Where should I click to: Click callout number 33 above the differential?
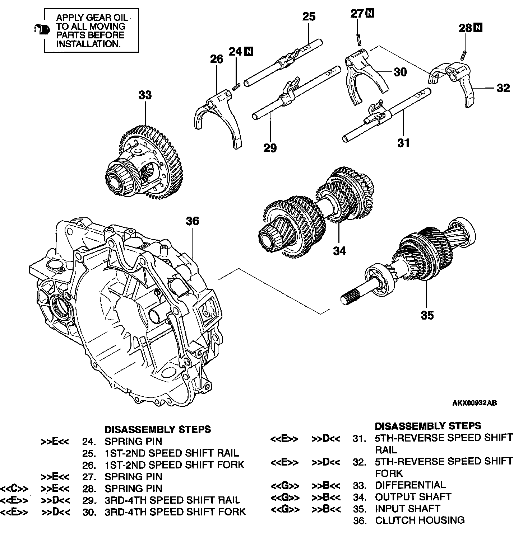coord(145,95)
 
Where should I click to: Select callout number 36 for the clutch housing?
coord(192,221)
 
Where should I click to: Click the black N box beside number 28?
coord(478,28)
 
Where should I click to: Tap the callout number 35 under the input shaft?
coord(427,315)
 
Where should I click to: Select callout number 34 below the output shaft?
coord(339,251)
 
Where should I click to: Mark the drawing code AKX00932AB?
coord(474,403)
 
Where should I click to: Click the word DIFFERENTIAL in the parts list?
coord(410,485)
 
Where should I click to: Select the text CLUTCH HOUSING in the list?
coord(420,520)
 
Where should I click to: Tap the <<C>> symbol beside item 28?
coord(14,489)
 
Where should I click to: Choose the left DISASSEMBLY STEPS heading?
coord(157,429)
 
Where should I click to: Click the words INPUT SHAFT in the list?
coord(407,509)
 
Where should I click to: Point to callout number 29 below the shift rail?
coord(270,147)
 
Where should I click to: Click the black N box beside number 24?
coord(248,52)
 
